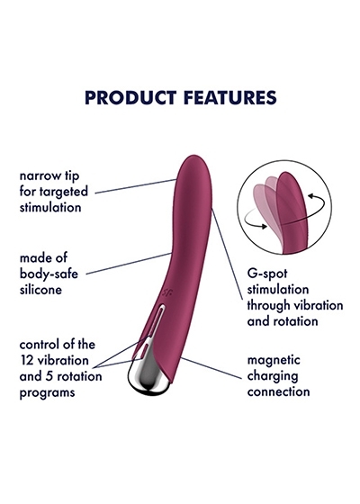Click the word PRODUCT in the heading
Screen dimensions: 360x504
pos(130,98)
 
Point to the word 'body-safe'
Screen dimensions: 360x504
pos(49,274)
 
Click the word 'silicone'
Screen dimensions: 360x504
pos(40,290)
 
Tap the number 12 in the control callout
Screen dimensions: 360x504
pos(27,360)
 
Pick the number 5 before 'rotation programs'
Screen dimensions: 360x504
pos(49,376)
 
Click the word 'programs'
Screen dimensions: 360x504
pos(47,392)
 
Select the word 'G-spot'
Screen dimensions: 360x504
pos(267,274)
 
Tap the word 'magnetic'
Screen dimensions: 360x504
pos(274,360)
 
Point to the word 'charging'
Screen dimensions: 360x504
pos(273,376)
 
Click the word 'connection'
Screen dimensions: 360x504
pos(279,391)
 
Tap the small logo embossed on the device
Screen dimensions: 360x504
pos(166,292)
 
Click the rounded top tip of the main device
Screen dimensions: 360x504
pos(194,157)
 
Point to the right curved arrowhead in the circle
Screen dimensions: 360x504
pos(310,195)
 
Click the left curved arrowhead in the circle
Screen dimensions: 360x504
pos(265,226)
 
